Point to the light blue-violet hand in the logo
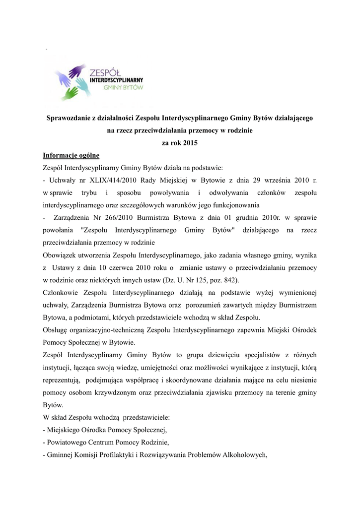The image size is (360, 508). click(x=62, y=78)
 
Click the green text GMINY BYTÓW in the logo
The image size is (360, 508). click(x=123, y=87)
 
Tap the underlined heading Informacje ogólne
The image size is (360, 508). click(x=71, y=156)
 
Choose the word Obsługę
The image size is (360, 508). click(x=58, y=329)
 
